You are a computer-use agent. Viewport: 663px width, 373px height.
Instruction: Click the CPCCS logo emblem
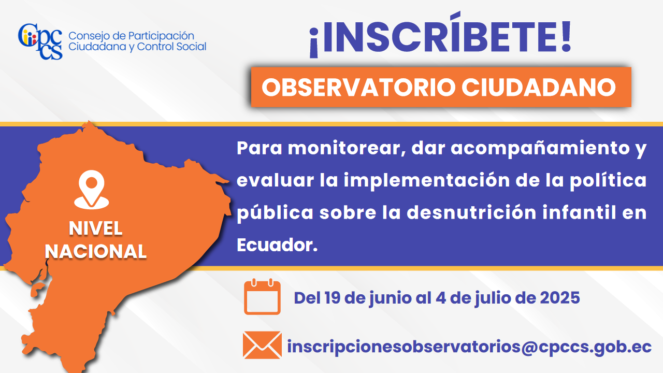click(x=40, y=41)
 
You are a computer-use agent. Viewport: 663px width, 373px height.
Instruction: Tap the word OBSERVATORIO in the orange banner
click(x=358, y=88)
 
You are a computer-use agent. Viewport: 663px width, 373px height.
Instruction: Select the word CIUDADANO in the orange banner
click(x=539, y=88)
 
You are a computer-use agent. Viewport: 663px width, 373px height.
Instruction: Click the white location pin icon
click(x=92, y=190)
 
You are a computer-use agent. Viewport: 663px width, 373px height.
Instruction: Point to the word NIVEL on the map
click(x=96, y=228)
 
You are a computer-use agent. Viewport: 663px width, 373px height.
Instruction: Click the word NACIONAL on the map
click(x=96, y=252)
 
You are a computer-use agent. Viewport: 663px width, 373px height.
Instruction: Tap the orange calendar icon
click(x=262, y=297)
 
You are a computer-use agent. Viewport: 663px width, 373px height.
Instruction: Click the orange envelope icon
click(x=262, y=345)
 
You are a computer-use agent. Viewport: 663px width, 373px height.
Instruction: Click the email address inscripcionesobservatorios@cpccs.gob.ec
click(x=469, y=347)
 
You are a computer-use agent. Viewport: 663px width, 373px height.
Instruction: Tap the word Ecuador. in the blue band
click(x=277, y=245)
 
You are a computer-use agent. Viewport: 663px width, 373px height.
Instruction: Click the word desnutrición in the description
click(x=471, y=212)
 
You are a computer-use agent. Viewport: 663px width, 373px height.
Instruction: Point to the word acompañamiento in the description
click(x=540, y=149)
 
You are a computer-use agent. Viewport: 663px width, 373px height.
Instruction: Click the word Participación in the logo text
click(x=161, y=36)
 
